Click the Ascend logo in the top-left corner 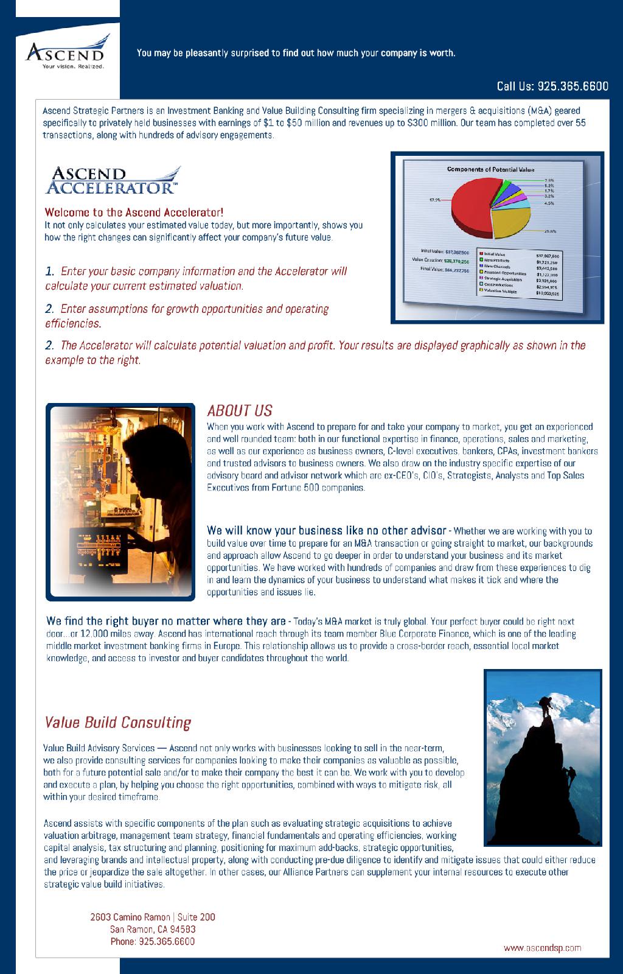pos(68,52)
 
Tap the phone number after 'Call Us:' pos(573,86)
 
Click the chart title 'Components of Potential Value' pos(490,169)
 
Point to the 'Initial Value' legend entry pos(495,253)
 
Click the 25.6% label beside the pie pos(550,231)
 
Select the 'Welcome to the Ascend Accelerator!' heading pos(134,212)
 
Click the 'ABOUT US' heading pos(239,411)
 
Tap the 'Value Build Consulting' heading pos(117,723)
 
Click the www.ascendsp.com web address pos(542,947)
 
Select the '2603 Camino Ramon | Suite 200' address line pos(152,917)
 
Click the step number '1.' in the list pos(50,271)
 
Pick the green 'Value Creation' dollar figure pos(456,261)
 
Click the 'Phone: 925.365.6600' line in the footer pos(152,941)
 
